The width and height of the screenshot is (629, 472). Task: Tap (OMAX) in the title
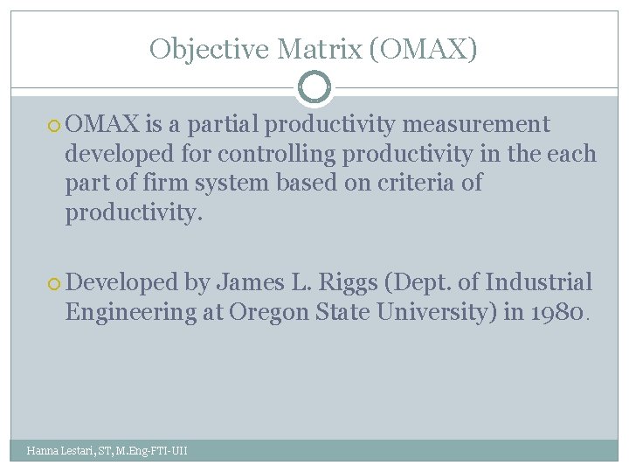pyautogui.click(x=424, y=49)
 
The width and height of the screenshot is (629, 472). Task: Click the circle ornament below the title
pyautogui.click(x=314, y=87)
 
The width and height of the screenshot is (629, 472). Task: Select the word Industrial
pyautogui.click(x=539, y=282)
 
